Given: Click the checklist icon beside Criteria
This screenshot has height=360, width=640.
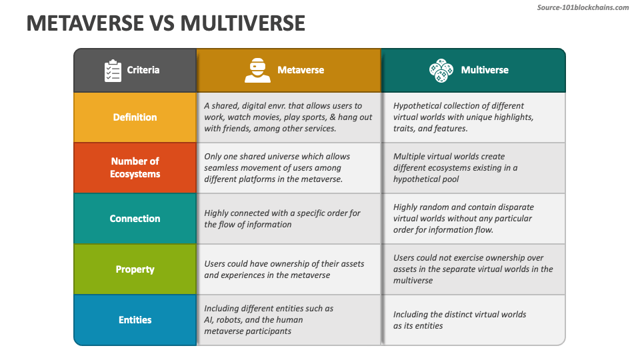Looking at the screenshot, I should (113, 70).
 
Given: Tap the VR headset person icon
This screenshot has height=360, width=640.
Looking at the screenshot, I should (257, 70).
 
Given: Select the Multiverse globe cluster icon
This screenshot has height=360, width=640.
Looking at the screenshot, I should (441, 70).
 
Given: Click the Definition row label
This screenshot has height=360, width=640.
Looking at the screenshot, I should (135, 117).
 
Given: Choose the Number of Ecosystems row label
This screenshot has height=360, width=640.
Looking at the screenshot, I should (135, 167).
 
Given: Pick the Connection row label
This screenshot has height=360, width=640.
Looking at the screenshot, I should (135, 219).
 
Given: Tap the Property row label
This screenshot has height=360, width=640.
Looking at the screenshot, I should (135, 269).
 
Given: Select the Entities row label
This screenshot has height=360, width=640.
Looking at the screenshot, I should (135, 320).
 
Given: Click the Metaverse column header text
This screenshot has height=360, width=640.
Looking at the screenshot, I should (301, 70).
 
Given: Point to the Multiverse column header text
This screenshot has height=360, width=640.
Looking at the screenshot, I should (485, 70).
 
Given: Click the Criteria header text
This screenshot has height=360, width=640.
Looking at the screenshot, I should (143, 70).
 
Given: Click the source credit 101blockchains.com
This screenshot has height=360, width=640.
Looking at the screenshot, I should (583, 7).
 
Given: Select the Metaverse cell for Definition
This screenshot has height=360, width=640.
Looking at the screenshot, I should (288, 117).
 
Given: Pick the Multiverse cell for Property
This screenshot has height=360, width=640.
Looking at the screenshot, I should (473, 269).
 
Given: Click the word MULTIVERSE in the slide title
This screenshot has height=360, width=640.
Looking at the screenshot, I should (243, 23).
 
